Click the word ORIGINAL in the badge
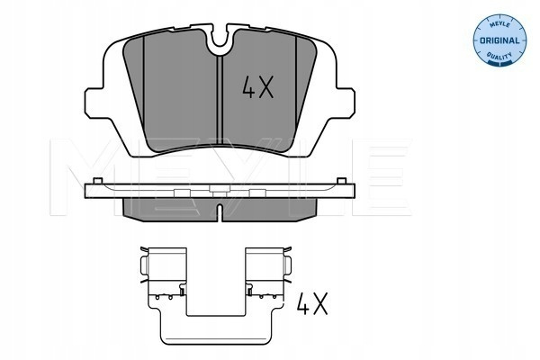click(x=499, y=40)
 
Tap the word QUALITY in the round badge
click(x=499, y=56)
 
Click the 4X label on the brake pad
click(x=257, y=87)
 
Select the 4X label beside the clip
click(x=312, y=303)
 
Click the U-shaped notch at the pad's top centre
click(x=220, y=39)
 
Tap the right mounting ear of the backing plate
click(x=345, y=103)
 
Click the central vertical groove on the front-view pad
click(x=220, y=100)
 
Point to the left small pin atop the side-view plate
click(x=98, y=181)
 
